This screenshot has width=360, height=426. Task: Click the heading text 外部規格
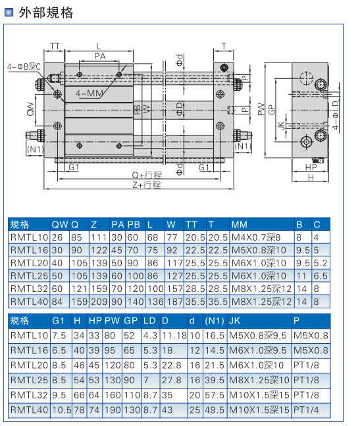45,12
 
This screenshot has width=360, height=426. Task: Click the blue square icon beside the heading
9,12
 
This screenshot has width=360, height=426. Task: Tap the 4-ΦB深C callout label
24,66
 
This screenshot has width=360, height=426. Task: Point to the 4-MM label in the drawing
90,93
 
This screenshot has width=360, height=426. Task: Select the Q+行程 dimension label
147,175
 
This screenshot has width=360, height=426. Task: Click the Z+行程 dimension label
147,185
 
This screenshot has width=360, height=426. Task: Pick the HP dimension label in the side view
311,168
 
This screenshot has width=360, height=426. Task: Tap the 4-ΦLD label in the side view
336,115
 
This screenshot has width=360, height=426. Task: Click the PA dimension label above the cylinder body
100,57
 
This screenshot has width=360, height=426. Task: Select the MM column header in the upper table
240,225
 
